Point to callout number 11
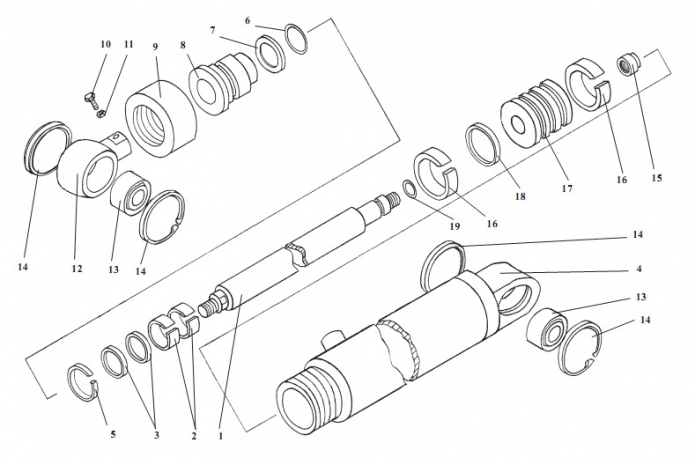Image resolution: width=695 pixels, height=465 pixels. point(127,45)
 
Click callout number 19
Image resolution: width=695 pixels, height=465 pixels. point(454,227)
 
